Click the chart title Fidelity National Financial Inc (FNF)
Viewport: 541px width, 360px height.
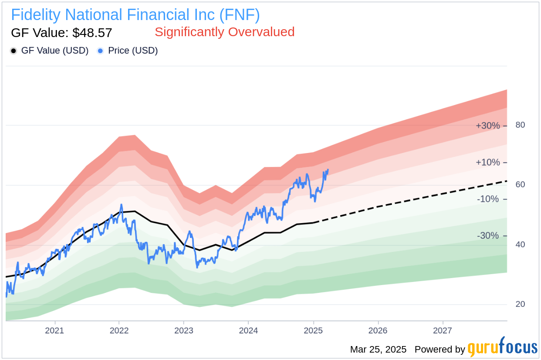pos(135,15)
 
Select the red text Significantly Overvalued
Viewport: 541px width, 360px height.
pos(224,32)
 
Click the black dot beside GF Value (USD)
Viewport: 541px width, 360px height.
pos(14,51)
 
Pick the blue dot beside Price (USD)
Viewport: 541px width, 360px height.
pos(100,51)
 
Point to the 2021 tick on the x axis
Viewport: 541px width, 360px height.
pos(54,330)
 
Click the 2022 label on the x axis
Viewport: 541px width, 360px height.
pos(119,330)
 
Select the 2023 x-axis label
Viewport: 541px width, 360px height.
pos(183,330)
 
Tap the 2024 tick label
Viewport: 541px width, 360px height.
pos(248,330)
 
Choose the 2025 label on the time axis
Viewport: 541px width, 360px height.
pos(313,330)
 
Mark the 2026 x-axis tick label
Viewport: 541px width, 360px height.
pos(378,330)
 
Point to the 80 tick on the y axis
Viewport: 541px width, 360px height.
pos(520,125)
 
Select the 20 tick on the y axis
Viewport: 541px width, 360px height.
pos(520,304)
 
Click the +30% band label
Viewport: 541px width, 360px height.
pos(487,126)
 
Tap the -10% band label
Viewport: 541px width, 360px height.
pos(488,199)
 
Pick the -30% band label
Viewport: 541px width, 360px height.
pos(488,236)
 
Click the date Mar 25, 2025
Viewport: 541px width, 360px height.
pos(378,350)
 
